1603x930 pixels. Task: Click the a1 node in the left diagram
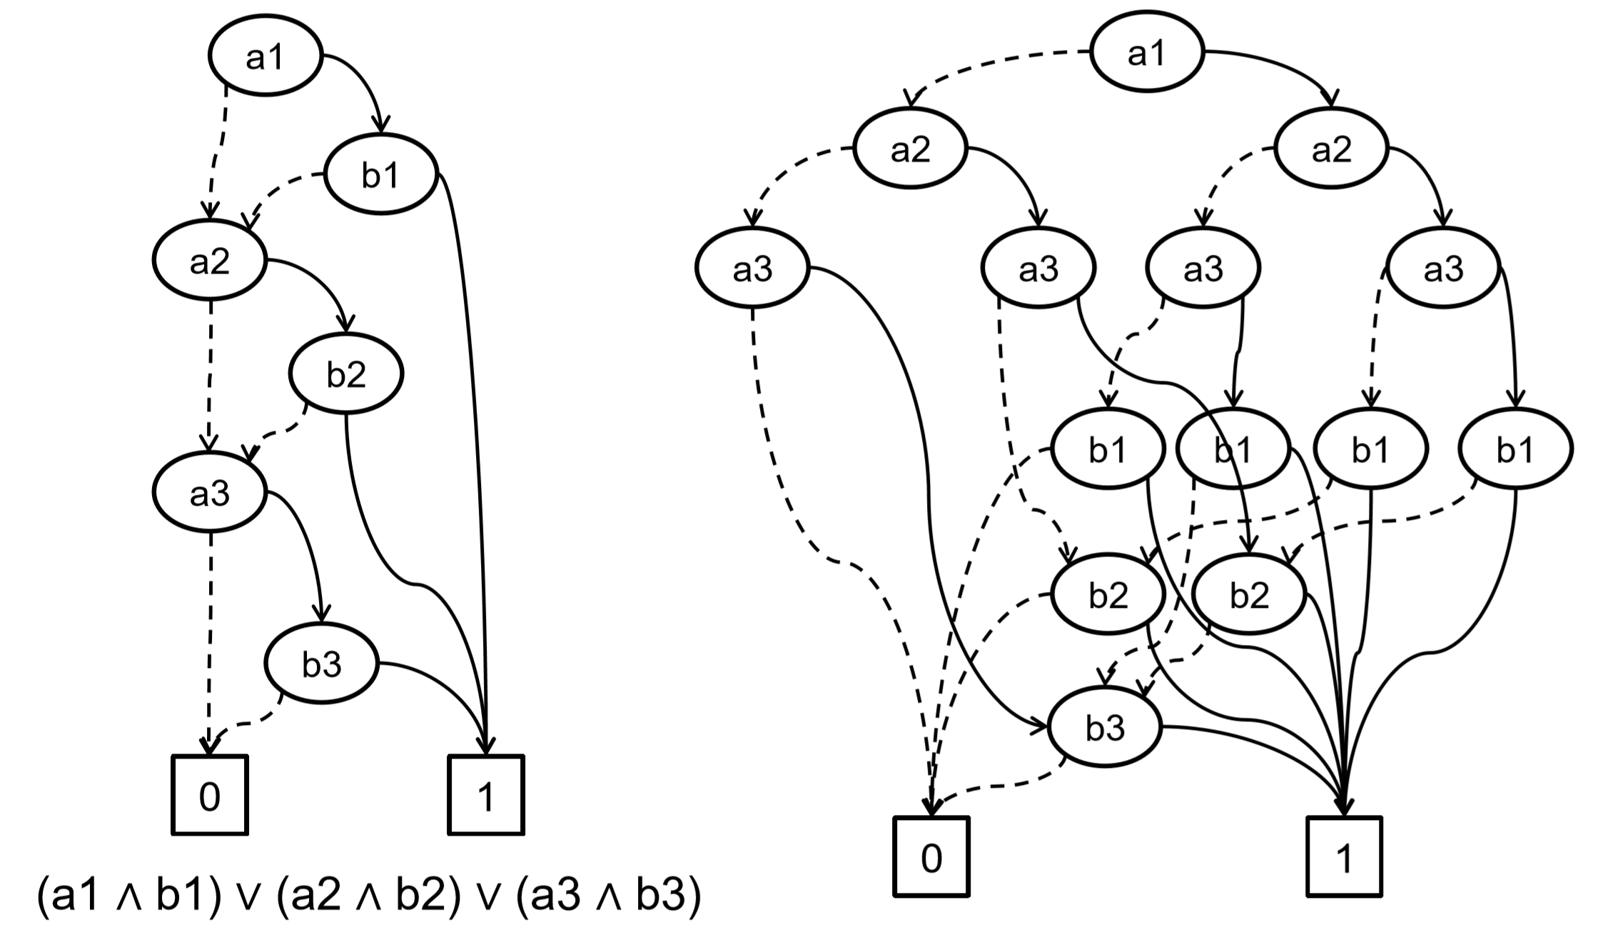265,56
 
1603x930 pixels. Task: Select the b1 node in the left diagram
380,174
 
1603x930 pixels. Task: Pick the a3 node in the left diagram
210,493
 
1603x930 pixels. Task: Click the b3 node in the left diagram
321,664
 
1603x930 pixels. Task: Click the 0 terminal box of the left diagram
210,794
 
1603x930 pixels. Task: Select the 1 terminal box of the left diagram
486,794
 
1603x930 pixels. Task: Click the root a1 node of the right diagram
1147,53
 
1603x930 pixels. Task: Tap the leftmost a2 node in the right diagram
911,149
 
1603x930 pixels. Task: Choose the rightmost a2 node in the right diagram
1332,149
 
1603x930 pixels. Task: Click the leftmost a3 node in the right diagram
752,269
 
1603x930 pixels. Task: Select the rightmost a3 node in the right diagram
1443,269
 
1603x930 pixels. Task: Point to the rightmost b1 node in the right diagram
1515,449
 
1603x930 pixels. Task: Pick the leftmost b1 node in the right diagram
1108,449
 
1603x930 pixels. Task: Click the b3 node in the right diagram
1105,728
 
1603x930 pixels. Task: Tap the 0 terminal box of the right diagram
931,856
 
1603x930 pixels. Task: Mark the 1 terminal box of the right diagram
1344,856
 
